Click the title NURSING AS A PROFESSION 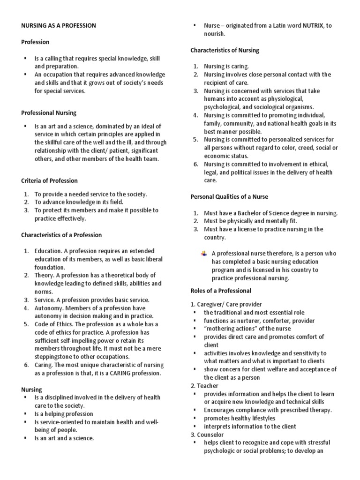tap(59, 26)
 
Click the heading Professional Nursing tap(49, 113)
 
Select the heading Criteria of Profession tap(49, 180)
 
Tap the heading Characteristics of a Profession tap(61, 235)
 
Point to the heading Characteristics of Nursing tap(225, 50)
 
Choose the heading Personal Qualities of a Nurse tap(229, 196)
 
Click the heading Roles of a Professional tap(221, 291)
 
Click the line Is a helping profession tap(64, 414)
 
